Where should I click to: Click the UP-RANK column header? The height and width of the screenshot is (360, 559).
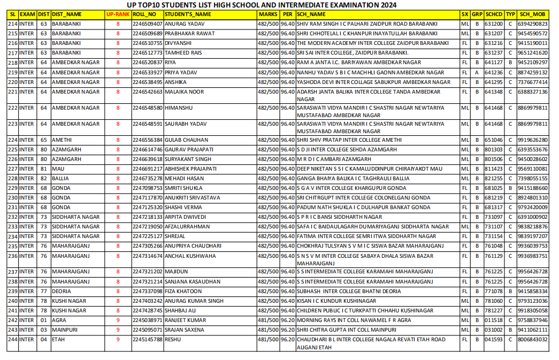118,14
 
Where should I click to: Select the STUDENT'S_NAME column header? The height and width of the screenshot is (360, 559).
187,14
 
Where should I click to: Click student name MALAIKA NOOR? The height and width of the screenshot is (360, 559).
184,92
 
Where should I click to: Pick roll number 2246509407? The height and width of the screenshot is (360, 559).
147,24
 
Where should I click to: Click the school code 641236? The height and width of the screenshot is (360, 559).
493,73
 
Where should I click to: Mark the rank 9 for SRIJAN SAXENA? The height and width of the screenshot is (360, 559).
118,330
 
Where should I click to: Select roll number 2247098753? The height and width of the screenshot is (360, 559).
147,188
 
